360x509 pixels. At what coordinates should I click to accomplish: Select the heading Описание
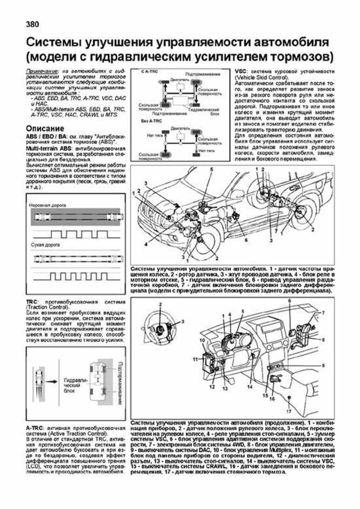[x=46, y=128]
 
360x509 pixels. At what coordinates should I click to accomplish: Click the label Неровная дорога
[x=46, y=206]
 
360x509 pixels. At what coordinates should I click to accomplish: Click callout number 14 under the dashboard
[x=249, y=386]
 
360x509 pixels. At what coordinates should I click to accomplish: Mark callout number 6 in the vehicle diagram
[x=246, y=241]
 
